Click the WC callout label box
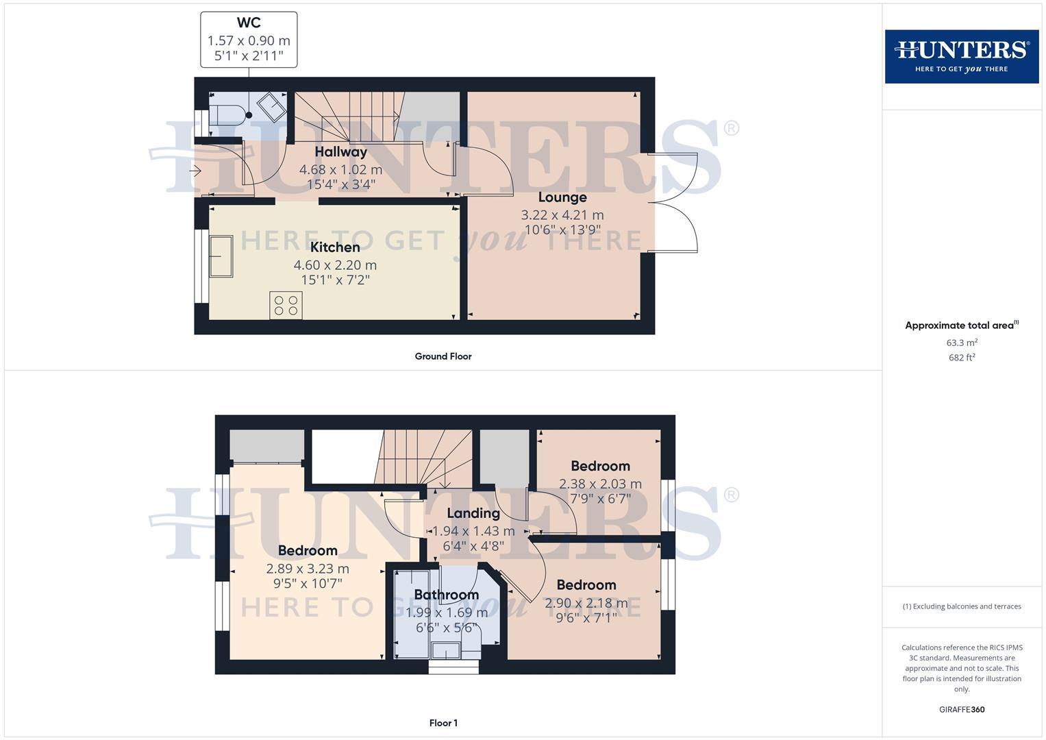(x=249, y=40)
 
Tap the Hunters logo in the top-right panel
(x=961, y=56)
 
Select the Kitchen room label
(x=335, y=247)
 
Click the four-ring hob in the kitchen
(x=286, y=305)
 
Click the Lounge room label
(x=562, y=197)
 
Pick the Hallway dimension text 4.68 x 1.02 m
(x=340, y=169)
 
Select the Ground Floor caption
(x=443, y=356)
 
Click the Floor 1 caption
(x=443, y=723)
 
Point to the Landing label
(x=473, y=513)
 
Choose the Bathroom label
(x=446, y=595)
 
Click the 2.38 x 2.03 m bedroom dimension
(x=600, y=484)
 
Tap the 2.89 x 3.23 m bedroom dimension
(x=308, y=569)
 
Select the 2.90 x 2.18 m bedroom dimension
(x=586, y=603)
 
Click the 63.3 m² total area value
(x=962, y=343)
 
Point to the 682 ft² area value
(x=962, y=358)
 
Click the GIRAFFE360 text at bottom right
(x=962, y=710)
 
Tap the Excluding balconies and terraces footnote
(x=962, y=606)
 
